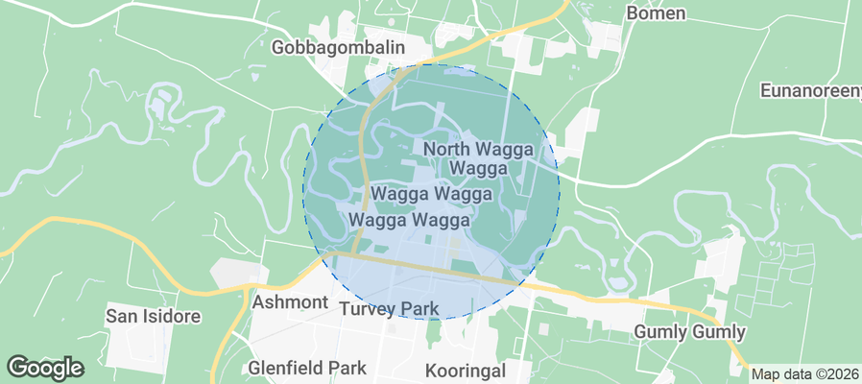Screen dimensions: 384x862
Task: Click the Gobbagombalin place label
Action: click(x=339, y=47)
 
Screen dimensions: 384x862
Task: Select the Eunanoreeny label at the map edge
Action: click(x=810, y=91)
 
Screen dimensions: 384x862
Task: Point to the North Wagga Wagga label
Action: click(x=477, y=158)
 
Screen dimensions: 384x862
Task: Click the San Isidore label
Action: click(x=153, y=316)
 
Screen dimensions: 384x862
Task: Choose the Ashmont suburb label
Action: click(x=290, y=302)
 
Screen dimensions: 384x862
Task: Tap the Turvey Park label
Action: click(x=390, y=309)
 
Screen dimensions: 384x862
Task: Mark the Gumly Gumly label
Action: click(x=690, y=332)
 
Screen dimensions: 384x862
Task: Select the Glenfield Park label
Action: click(x=307, y=367)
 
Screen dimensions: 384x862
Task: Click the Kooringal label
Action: click(x=468, y=370)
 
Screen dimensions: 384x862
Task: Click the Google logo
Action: click(x=45, y=367)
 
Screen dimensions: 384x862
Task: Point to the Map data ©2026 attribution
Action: click(x=805, y=374)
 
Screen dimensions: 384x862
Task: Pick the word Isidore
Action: click(x=173, y=316)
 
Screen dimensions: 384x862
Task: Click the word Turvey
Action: click(x=366, y=309)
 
